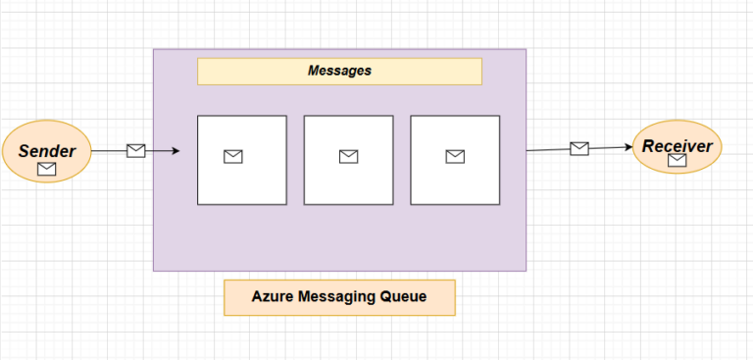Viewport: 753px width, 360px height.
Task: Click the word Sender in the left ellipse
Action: [x=46, y=150]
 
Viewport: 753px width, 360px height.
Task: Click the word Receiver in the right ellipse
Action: [x=677, y=146]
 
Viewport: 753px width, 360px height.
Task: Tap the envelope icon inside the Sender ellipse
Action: [x=46, y=170]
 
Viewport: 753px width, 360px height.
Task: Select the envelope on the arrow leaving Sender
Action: [x=136, y=150]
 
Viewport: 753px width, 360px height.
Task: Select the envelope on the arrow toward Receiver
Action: [x=579, y=148]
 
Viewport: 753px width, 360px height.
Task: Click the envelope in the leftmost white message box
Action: [x=232, y=157]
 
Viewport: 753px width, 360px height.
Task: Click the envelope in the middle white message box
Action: [x=348, y=157]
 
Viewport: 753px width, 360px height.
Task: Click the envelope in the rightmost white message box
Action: [x=454, y=157]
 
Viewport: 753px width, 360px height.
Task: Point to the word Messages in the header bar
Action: [x=339, y=71]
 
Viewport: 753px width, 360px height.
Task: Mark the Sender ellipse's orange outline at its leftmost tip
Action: [x=2, y=153]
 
